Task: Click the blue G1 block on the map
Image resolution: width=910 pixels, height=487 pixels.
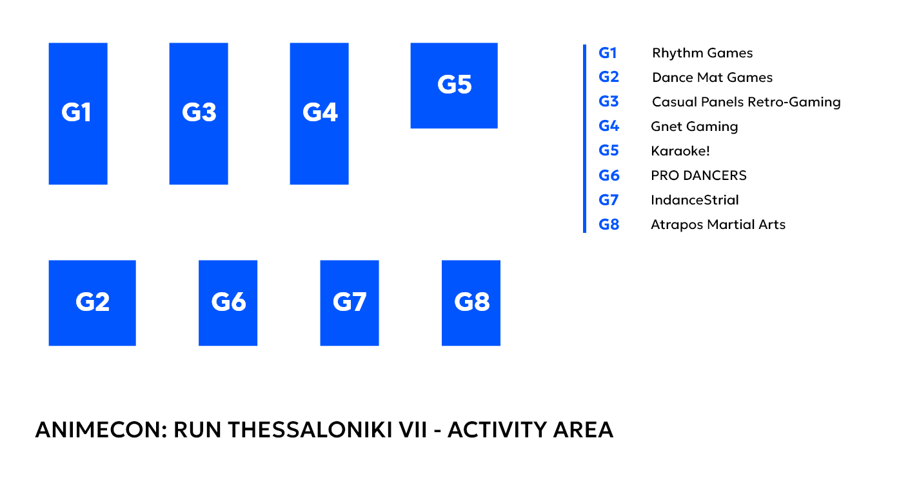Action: [78, 114]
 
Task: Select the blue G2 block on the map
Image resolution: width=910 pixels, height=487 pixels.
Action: [92, 303]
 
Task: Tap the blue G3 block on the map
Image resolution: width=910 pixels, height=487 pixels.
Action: [199, 114]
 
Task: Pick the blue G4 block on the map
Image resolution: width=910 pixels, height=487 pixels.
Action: [319, 114]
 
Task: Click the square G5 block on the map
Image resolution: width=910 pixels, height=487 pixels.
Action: [454, 86]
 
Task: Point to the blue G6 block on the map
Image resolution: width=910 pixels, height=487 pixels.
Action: [228, 303]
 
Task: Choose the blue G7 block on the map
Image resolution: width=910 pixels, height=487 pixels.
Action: [350, 303]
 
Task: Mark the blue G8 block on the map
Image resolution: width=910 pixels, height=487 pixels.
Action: [471, 303]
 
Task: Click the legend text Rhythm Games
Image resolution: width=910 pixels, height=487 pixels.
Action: [702, 54]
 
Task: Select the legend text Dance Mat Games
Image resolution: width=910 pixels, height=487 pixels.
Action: [712, 77]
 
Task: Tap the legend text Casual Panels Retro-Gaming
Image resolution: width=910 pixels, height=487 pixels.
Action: [746, 103]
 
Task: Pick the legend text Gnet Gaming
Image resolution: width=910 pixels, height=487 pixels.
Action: [695, 126]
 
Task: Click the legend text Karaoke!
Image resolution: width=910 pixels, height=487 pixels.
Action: [680, 151]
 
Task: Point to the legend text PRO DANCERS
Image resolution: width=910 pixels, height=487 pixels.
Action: [698, 175]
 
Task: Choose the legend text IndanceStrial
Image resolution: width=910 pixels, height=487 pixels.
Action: [695, 200]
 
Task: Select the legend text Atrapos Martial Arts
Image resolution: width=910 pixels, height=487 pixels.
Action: [718, 224]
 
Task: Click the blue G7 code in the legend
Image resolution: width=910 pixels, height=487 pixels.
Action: [609, 200]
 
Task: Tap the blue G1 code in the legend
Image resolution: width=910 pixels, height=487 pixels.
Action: [608, 53]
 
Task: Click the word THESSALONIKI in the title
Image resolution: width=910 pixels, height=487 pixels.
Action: [328, 430]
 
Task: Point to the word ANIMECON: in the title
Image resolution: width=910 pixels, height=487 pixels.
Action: [101, 430]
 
